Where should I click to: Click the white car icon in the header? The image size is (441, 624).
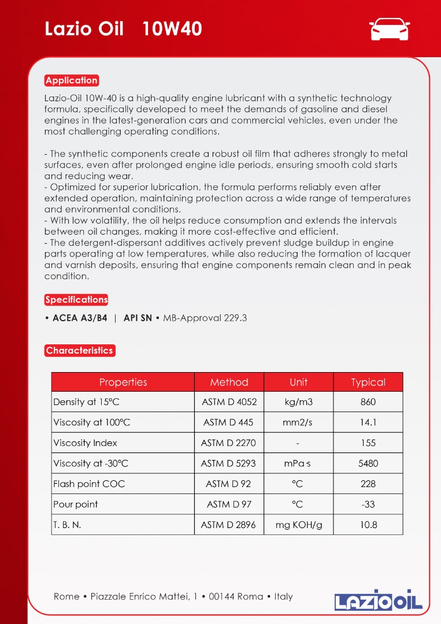click(x=390, y=28)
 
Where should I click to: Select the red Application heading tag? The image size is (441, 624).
click(x=72, y=80)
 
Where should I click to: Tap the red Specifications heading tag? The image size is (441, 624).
click(x=76, y=299)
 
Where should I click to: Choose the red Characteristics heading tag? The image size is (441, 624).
click(x=80, y=350)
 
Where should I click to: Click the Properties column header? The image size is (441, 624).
click(x=123, y=382)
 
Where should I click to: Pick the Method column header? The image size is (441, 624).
click(x=229, y=382)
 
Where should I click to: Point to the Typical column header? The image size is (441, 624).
click(x=368, y=382)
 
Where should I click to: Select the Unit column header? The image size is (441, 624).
click(x=298, y=382)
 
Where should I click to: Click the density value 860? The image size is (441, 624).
click(x=368, y=402)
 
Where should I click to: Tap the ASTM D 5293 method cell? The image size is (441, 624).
click(x=228, y=463)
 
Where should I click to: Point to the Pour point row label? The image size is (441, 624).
click(x=76, y=504)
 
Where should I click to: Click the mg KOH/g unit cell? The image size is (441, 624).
click(x=298, y=525)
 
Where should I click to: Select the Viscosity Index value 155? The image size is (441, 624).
click(x=368, y=443)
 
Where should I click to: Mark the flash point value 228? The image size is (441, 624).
click(x=368, y=484)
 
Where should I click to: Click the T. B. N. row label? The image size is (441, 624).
click(x=67, y=525)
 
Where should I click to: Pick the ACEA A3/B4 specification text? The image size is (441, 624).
click(x=80, y=318)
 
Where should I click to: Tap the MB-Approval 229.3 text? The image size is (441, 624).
click(x=205, y=318)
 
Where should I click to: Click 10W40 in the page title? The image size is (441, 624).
click(x=172, y=29)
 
